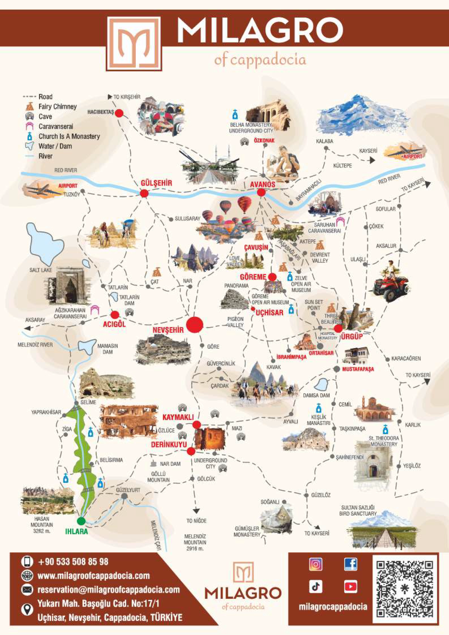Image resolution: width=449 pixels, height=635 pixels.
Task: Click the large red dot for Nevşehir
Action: [x=195, y=325]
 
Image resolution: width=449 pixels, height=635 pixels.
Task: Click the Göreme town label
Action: [x=253, y=277]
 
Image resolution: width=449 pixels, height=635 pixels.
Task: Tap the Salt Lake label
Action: [x=40, y=270]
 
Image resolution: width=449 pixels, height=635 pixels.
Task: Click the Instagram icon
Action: [x=315, y=564]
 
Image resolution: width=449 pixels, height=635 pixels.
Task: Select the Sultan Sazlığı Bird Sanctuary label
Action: [x=358, y=510]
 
